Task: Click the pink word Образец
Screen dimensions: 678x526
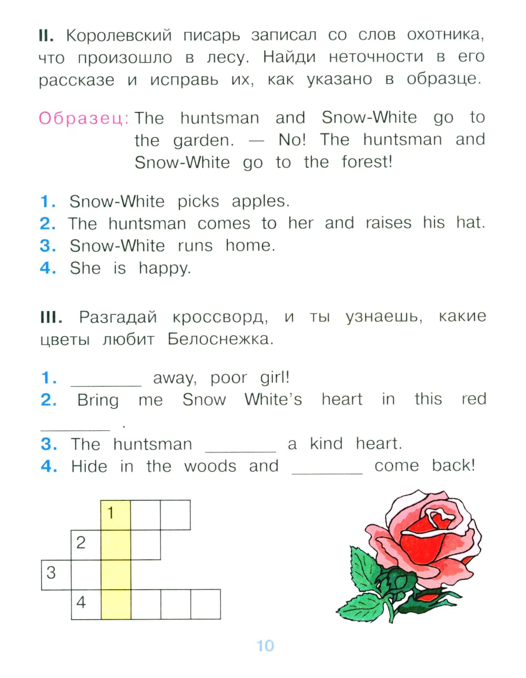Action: tap(83, 118)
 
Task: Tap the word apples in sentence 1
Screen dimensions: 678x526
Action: tap(260, 201)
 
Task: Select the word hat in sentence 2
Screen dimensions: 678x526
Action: tap(470, 223)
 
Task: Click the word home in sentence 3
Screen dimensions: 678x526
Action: tap(250, 245)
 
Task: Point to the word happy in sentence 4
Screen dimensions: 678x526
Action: tap(164, 269)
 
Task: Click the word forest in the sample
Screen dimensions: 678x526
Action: tap(367, 162)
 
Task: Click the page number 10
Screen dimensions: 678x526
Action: tap(265, 645)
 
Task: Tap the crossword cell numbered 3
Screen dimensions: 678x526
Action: tap(56, 574)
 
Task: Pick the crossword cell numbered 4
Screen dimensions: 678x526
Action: tap(86, 604)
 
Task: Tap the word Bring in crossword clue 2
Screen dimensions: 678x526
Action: tap(98, 400)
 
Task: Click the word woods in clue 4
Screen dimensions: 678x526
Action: tap(210, 466)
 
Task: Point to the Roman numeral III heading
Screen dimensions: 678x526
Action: tap(51, 317)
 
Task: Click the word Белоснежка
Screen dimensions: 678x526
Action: tap(220, 339)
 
